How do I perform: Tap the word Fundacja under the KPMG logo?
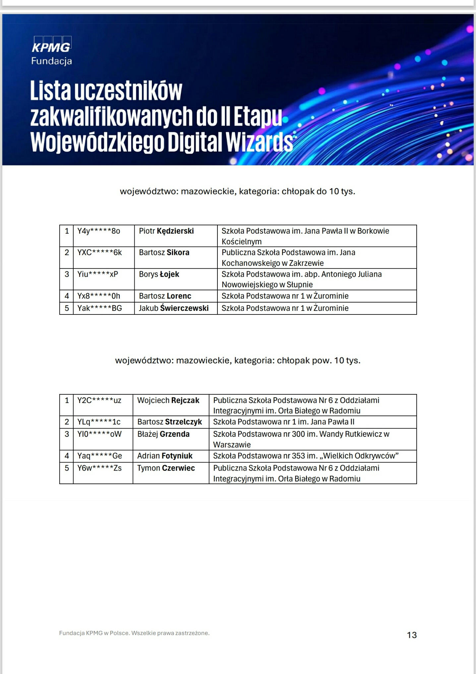(x=51, y=61)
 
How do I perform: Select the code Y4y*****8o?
(x=98, y=231)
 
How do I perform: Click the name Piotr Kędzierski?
(x=166, y=231)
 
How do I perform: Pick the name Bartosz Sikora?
(x=164, y=253)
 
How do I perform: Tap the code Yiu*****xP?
(x=97, y=274)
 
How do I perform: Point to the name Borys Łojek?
(x=159, y=274)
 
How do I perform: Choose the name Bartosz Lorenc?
(x=165, y=296)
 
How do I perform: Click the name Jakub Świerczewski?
(x=173, y=308)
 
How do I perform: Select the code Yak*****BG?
(x=99, y=308)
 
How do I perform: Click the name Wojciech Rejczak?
(x=168, y=400)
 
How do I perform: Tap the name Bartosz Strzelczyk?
(x=169, y=422)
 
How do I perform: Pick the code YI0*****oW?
(x=99, y=434)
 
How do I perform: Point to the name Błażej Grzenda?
(x=163, y=434)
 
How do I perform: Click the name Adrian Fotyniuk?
(x=165, y=456)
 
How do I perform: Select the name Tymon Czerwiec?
(x=166, y=468)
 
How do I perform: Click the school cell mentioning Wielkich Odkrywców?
(x=305, y=456)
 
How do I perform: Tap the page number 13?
(x=412, y=635)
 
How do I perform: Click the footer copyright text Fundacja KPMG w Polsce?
(x=134, y=633)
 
